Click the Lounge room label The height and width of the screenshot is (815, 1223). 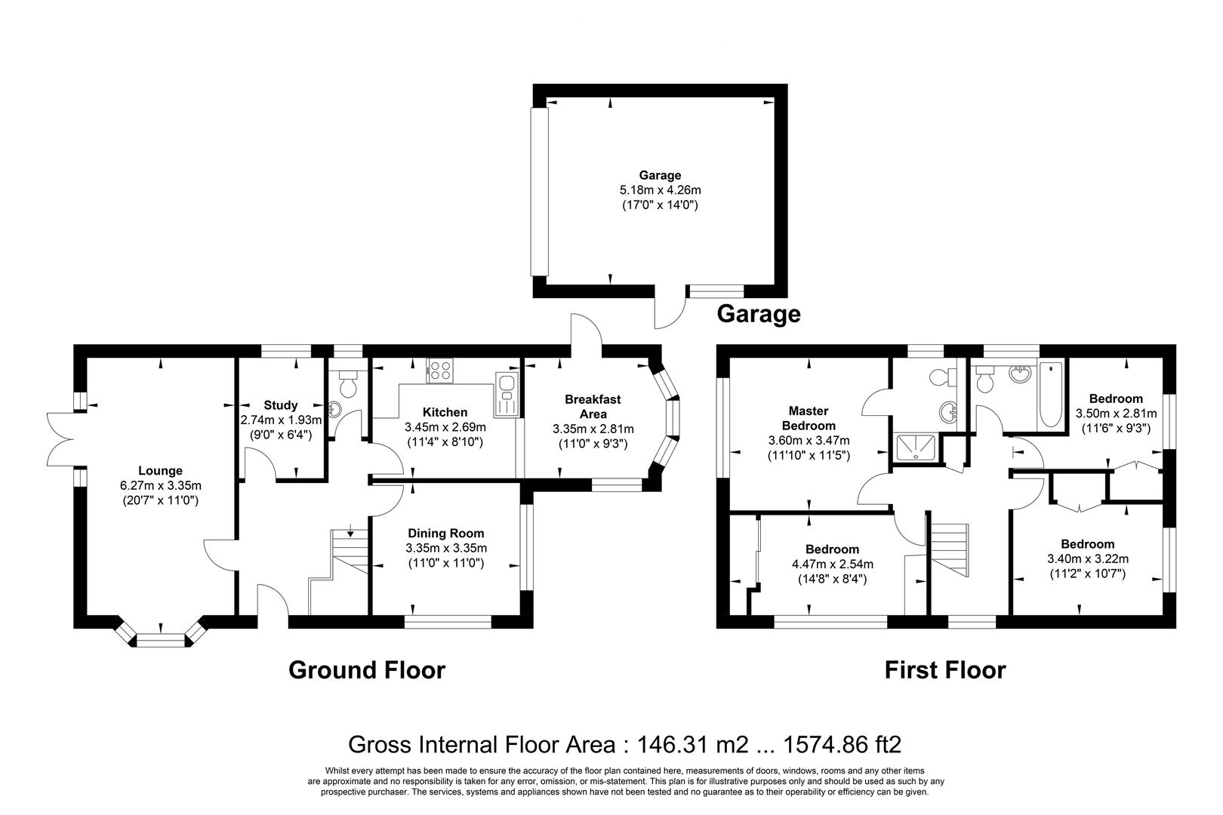tap(160, 471)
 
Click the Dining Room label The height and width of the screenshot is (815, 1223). tap(445, 533)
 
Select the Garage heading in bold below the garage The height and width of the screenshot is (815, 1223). tap(758, 313)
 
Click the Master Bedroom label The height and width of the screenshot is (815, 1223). tap(809, 418)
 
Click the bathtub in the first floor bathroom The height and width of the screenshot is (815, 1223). tap(1050, 396)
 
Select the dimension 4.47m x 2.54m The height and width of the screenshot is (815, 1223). tap(832, 564)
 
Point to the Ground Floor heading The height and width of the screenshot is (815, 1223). tap(367, 669)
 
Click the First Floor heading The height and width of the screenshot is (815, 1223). tap(945, 669)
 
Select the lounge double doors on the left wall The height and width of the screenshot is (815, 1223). tap(60, 439)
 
